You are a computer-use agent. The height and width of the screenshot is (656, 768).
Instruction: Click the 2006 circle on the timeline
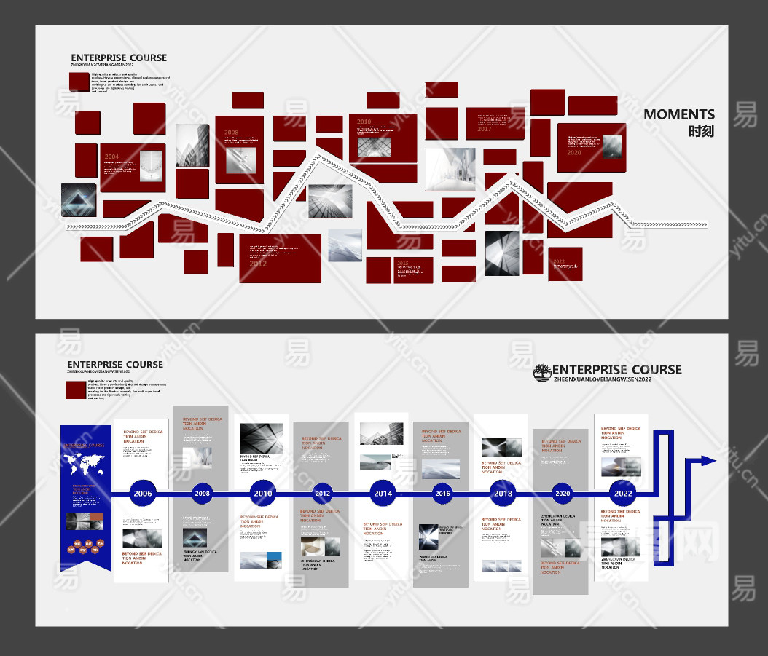point(143,494)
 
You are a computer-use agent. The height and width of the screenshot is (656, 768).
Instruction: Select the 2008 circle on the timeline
point(203,494)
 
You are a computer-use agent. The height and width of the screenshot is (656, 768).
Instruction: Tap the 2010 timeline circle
point(262,494)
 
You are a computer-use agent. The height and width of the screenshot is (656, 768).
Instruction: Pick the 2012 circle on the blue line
point(322,494)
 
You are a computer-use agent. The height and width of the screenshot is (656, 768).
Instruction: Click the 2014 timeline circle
point(383,494)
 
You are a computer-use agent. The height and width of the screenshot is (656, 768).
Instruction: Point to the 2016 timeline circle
point(442,494)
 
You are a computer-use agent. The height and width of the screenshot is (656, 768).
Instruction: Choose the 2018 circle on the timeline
point(503,494)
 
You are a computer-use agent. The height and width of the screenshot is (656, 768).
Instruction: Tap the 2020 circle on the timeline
point(562,494)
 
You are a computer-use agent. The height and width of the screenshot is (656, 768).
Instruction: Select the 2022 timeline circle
point(623,493)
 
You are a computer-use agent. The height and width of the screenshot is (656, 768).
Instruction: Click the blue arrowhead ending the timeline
point(707,460)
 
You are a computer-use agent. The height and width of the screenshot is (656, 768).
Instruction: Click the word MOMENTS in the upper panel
point(679,114)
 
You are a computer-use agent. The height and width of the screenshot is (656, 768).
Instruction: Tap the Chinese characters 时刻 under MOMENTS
point(701,132)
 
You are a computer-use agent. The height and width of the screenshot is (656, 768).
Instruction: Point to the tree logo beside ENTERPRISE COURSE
point(542,373)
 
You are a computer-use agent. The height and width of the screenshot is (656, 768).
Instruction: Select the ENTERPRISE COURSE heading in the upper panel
point(119,58)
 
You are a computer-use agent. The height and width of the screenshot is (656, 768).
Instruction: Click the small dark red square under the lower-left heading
point(76,390)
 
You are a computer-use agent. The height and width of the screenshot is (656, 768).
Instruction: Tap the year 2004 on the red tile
point(111,157)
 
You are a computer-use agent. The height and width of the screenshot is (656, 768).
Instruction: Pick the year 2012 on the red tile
point(258,264)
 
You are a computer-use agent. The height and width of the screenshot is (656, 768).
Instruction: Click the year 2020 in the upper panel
point(574,153)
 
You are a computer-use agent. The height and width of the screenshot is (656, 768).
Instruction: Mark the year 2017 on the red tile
point(485,129)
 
